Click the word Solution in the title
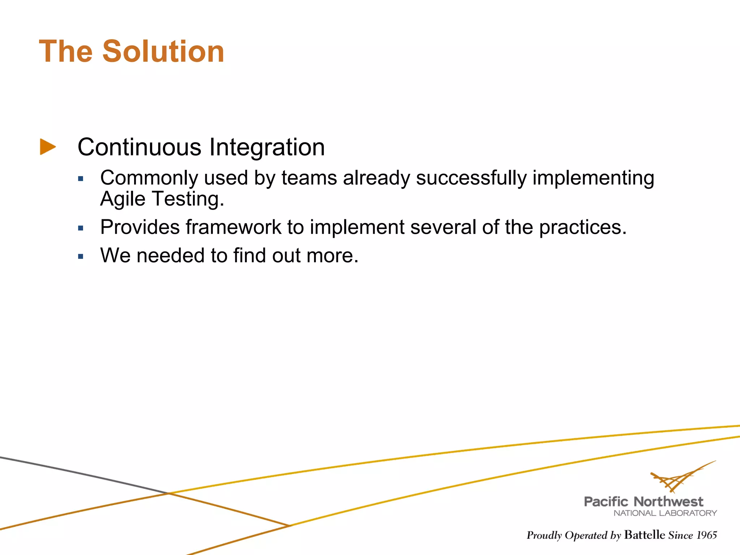tap(163, 52)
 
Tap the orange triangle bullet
tap(48, 147)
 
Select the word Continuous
tap(139, 147)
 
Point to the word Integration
tap(267, 147)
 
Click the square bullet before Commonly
tap(81, 178)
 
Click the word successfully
tap(471, 178)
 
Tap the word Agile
tap(123, 199)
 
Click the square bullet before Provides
tap(81, 228)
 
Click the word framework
tap(233, 227)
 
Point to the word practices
tap(582, 227)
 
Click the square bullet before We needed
tap(81, 257)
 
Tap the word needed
tap(170, 255)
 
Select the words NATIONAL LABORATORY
tap(665, 513)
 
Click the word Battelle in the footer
tap(644, 535)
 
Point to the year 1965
tap(706, 535)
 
